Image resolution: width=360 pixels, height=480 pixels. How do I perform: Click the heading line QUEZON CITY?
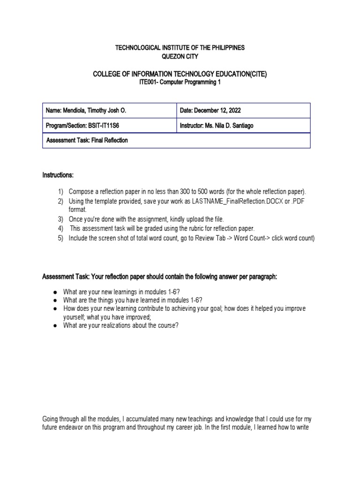click(180, 56)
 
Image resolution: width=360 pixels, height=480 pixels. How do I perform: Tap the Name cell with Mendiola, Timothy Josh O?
click(86, 111)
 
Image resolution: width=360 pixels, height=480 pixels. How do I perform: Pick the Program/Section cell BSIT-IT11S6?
click(86, 126)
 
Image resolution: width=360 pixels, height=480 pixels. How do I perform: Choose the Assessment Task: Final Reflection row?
click(87, 140)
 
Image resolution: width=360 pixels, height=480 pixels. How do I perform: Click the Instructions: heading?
click(58, 175)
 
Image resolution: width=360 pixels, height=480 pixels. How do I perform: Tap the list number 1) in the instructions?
click(60, 192)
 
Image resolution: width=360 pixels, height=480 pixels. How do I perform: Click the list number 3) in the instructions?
click(60, 219)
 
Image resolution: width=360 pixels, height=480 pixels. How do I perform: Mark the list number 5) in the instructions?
click(60, 238)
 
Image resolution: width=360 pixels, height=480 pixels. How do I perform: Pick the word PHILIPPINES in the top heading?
click(228, 48)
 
